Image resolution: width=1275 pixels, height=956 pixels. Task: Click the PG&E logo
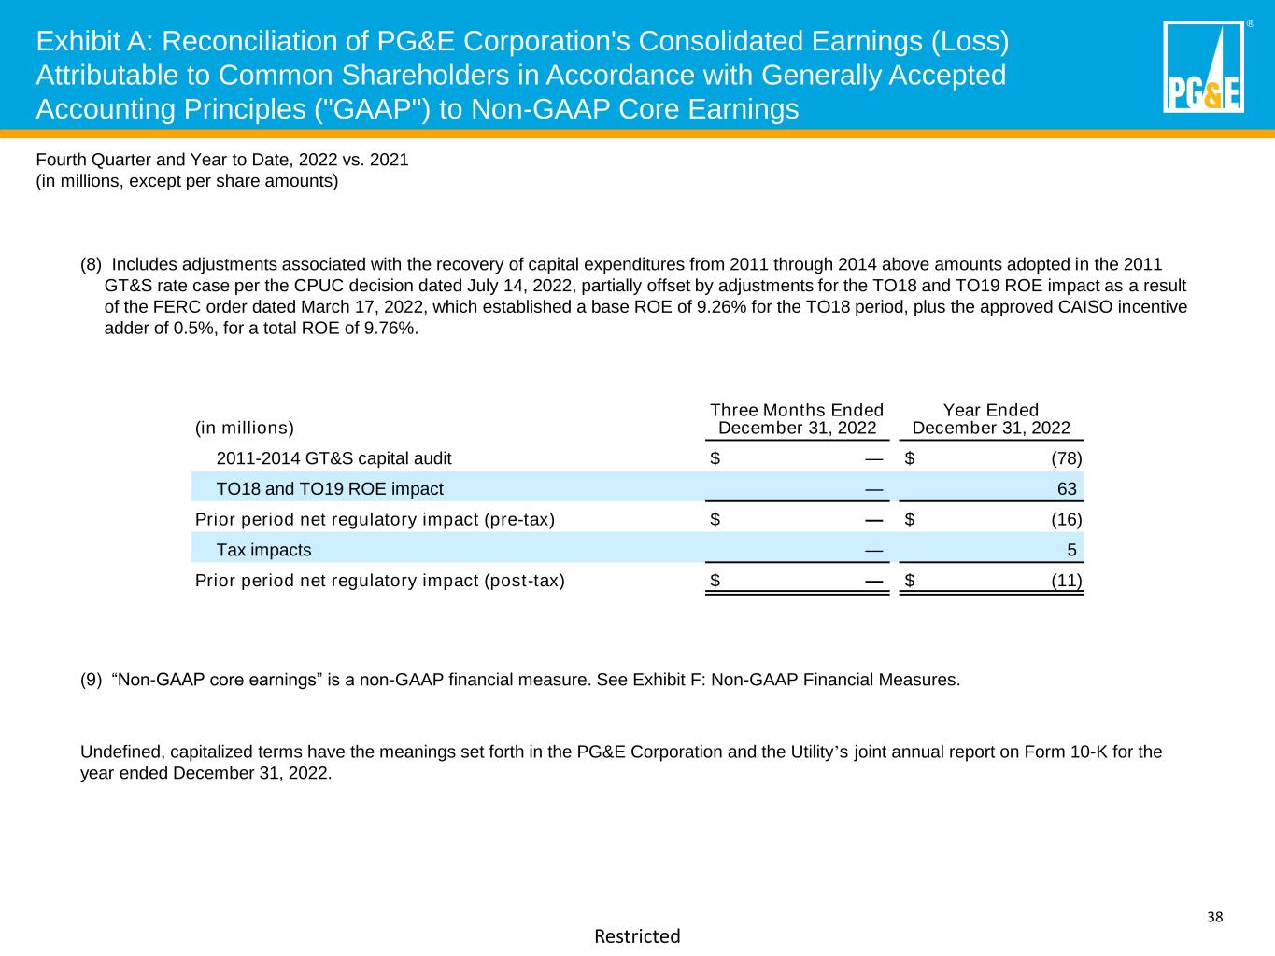click(1203, 67)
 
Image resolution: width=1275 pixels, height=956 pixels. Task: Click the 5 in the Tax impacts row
click(1071, 550)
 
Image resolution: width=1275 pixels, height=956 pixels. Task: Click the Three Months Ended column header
click(797, 419)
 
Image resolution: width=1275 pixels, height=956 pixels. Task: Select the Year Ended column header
click(991, 419)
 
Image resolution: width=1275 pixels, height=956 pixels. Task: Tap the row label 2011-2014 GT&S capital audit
click(333, 458)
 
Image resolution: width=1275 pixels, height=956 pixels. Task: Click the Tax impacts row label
click(263, 550)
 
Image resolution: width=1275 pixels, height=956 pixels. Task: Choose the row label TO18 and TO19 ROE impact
click(330, 488)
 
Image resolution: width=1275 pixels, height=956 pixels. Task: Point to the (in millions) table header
click(244, 428)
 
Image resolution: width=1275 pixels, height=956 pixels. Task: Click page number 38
click(1214, 916)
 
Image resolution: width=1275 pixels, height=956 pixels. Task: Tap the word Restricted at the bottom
click(637, 935)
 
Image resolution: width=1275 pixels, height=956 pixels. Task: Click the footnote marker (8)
click(92, 264)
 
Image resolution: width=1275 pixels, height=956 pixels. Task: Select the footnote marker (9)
click(92, 680)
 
